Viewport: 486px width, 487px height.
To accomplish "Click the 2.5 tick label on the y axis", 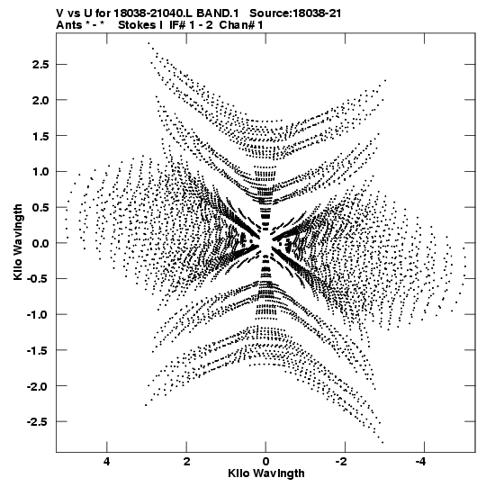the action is tap(40, 64).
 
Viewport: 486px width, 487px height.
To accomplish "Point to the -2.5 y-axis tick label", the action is tap(38, 422).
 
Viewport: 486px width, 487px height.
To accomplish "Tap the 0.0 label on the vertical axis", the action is tap(40, 243).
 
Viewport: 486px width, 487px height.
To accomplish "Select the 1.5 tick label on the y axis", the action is tap(40, 136).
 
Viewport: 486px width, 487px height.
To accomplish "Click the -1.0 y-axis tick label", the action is tap(38, 315).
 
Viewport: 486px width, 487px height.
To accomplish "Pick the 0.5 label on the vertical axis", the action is tap(40, 207).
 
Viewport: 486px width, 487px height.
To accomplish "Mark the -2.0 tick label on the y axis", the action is tap(38, 386).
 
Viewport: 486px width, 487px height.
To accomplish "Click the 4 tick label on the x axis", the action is tap(107, 462).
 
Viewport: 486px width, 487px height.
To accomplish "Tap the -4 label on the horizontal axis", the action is tap(422, 462).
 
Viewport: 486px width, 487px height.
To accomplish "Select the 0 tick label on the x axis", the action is tap(265, 462).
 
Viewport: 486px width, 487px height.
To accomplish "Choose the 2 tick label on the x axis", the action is tap(186, 462).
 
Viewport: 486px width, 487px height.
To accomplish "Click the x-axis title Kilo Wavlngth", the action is tap(266, 473).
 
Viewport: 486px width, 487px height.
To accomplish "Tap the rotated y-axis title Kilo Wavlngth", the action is tap(18, 243).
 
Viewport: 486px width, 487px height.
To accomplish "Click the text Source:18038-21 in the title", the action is tap(295, 14).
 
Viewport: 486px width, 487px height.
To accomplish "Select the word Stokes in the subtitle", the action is tap(138, 25).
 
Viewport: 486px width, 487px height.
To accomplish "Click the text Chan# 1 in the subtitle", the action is tap(241, 25).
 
